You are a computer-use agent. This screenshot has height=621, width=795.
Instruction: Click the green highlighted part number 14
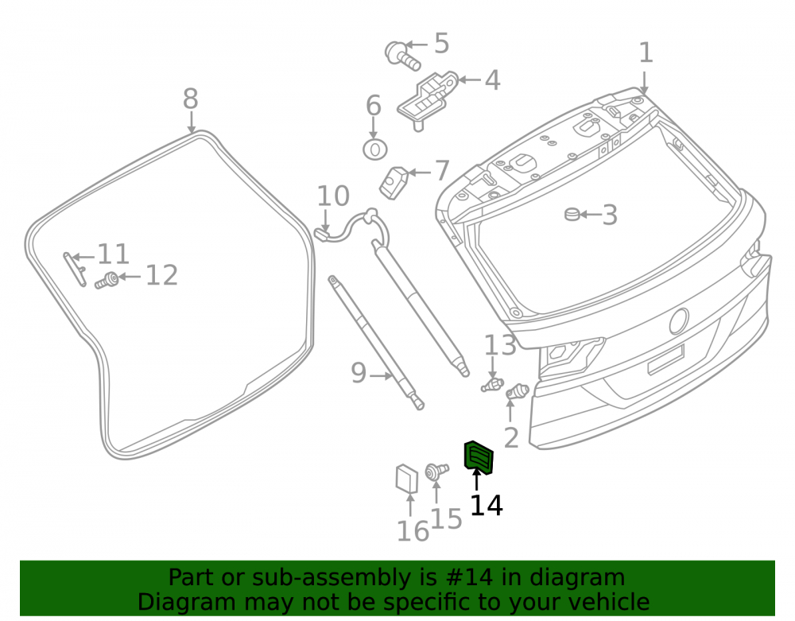(479, 458)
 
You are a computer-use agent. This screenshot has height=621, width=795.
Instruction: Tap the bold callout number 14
(487, 506)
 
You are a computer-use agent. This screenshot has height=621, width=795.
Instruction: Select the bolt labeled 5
(402, 56)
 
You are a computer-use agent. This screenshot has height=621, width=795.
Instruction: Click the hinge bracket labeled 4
(427, 100)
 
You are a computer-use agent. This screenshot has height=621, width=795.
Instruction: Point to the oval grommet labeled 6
(375, 149)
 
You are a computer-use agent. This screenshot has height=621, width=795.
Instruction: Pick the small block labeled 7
(394, 183)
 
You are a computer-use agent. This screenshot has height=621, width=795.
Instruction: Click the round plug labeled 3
(572, 214)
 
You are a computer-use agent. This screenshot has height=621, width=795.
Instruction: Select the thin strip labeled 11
(75, 270)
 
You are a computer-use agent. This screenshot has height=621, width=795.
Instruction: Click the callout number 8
(191, 99)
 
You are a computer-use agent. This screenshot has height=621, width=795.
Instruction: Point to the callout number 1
(646, 53)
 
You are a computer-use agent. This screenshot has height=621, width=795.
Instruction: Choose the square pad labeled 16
(406, 479)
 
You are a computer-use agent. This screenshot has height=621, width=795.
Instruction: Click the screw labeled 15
(436, 471)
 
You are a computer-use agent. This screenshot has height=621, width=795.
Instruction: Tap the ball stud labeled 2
(518, 391)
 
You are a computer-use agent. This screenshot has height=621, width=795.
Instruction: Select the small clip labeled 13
(492, 386)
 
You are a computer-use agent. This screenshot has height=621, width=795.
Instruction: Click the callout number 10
(333, 196)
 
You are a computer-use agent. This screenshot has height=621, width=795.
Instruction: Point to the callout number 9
(359, 373)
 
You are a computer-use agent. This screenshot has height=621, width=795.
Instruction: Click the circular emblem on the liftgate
(679, 321)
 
